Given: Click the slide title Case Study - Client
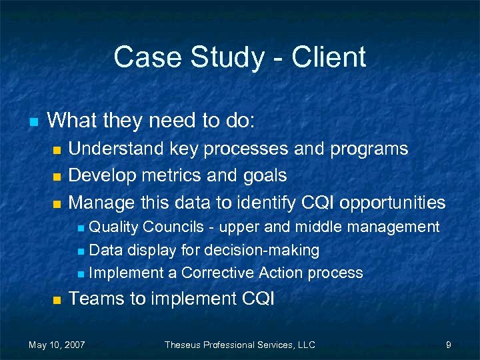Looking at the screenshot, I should click(239, 57).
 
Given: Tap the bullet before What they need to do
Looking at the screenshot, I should click(33, 122).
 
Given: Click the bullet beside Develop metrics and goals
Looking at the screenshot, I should click(57, 177).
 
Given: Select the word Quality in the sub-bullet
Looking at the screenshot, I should click(113, 227).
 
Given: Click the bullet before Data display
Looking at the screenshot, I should click(81, 251).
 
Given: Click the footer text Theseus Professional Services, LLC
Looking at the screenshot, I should click(239, 345).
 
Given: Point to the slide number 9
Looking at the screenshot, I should click(449, 345).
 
